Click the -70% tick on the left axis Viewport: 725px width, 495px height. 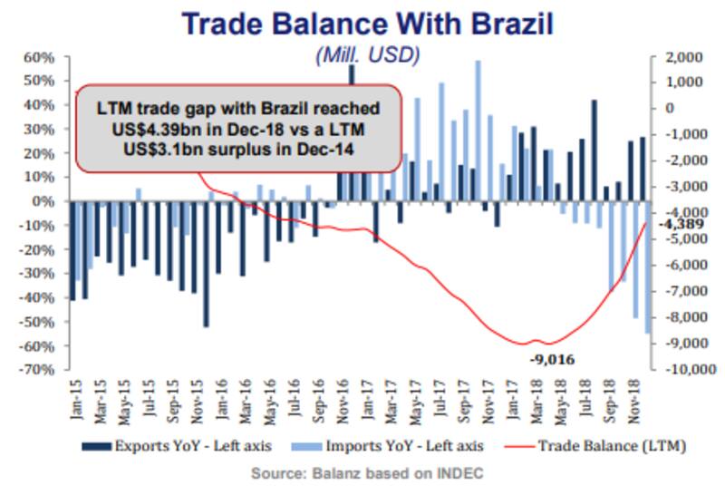point(39,370)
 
